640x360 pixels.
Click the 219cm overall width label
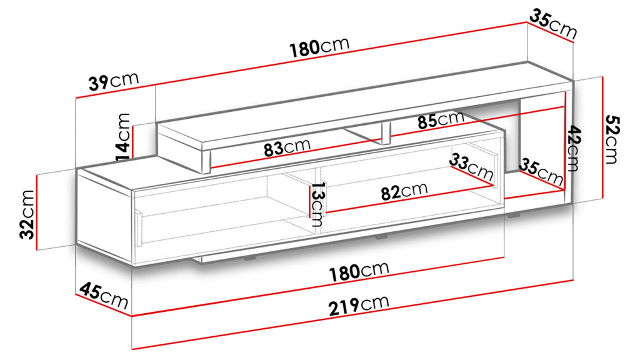pyautogui.click(x=359, y=305)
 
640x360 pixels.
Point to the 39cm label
pyautogui.click(x=114, y=81)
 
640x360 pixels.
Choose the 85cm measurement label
pyautogui.click(x=441, y=119)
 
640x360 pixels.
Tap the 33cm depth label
pyautogui.click(x=471, y=167)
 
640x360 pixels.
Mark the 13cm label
pyautogui.click(x=317, y=204)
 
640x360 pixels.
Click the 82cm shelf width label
pyautogui.click(x=404, y=191)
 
